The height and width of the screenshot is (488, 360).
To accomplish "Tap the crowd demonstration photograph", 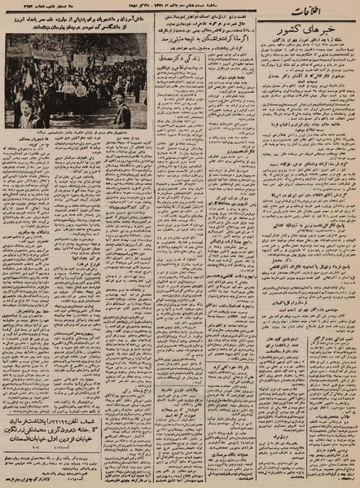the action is pos(77,81).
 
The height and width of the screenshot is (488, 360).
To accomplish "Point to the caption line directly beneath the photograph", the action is pos(77,132).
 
